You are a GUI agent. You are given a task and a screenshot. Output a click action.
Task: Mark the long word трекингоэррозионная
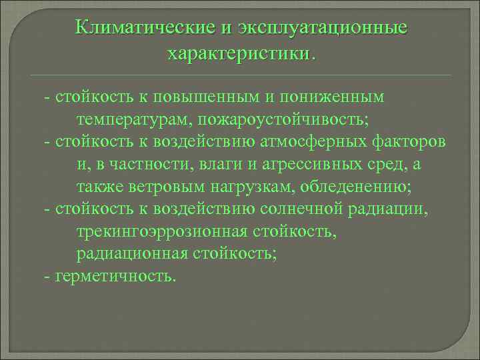click(161, 231)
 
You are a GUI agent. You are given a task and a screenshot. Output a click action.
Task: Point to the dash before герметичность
click(46, 276)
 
